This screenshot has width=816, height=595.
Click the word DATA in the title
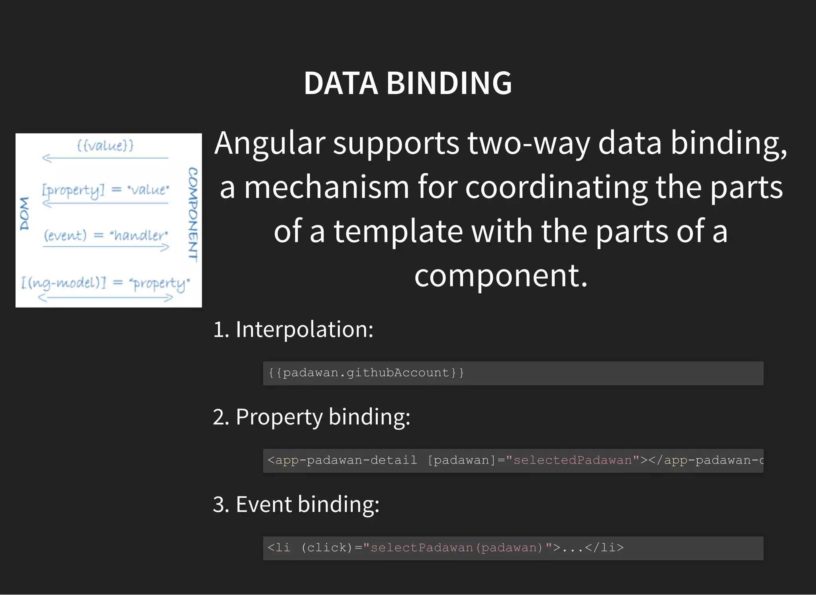[341, 83]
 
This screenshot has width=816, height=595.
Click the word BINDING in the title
[449, 83]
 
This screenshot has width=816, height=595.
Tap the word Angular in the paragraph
[269, 143]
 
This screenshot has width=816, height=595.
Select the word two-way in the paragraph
[528, 143]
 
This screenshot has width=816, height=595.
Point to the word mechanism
[326, 187]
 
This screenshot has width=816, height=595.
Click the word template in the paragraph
[398, 232]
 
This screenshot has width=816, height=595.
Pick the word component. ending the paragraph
[500, 275]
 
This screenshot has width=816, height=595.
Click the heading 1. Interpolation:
[293, 330]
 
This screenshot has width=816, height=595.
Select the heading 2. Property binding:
[312, 417]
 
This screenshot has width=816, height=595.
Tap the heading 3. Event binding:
[296, 505]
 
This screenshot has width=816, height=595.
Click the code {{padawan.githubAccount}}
[366, 373]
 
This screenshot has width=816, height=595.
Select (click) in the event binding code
[327, 548]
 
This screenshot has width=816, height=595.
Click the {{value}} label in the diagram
[105, 145]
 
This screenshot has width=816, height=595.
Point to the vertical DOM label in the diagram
[25, 214]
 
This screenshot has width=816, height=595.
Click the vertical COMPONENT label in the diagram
[193, 214]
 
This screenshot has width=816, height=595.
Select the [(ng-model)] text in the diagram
[64, 283]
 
